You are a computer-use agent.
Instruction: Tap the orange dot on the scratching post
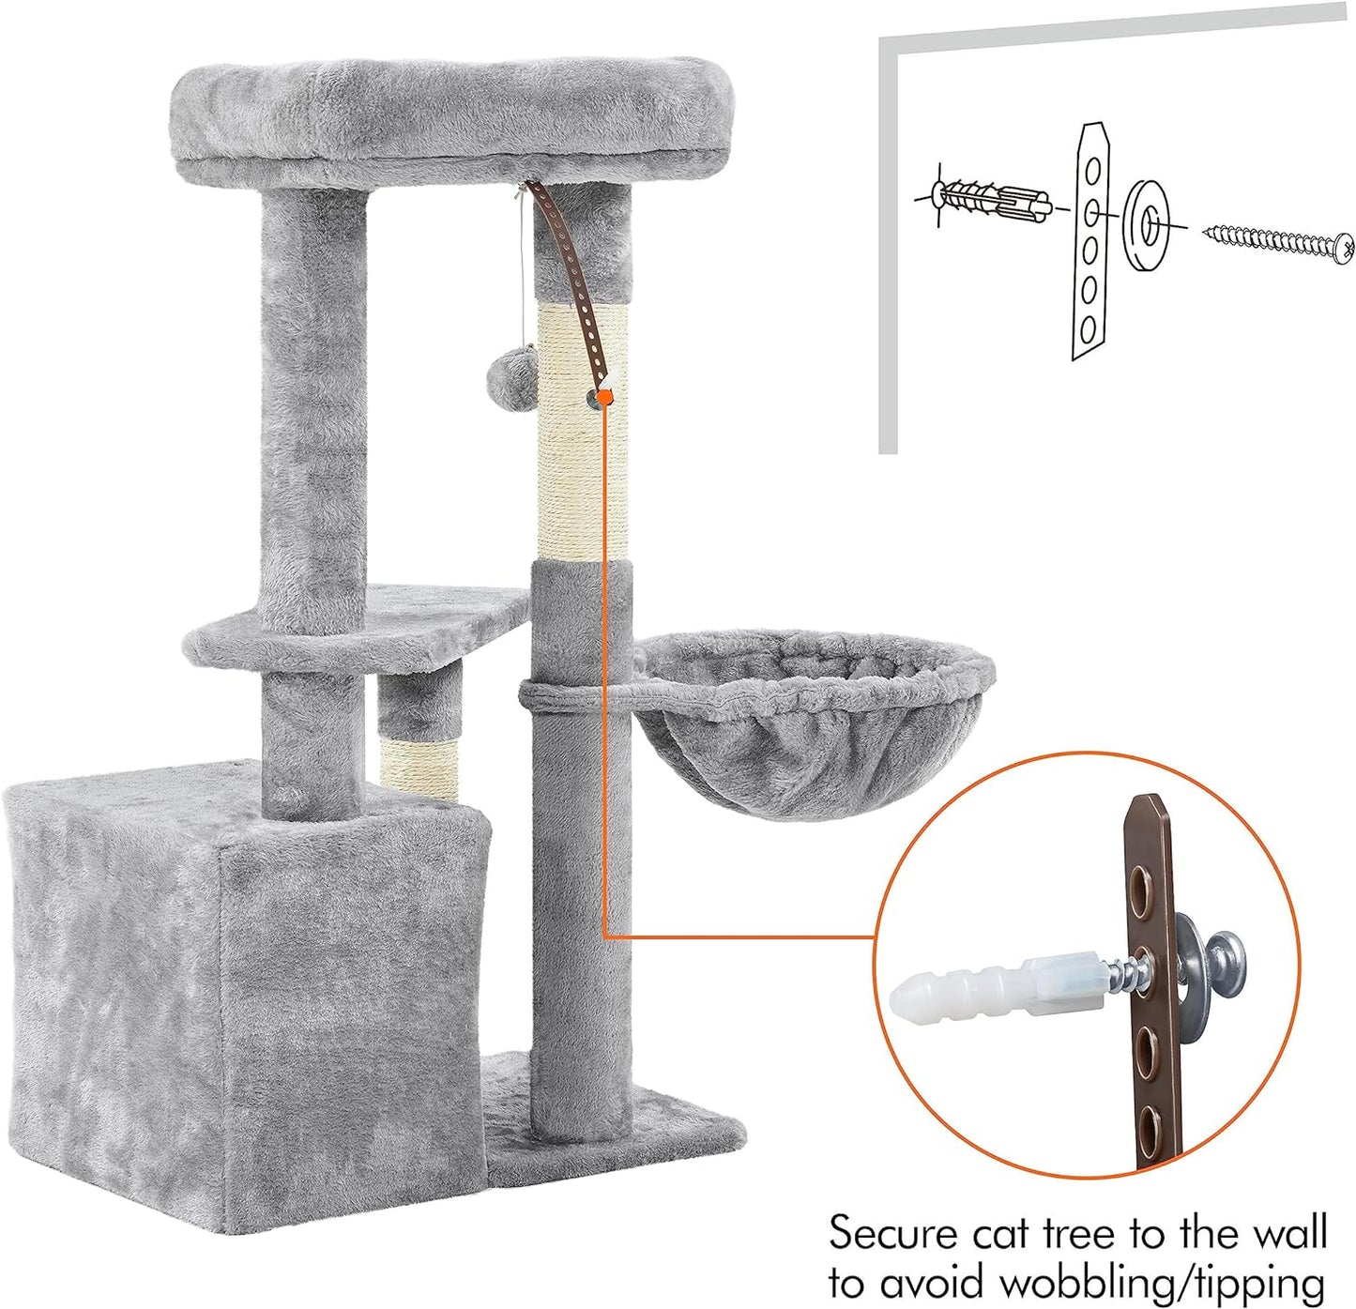(605, 398)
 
